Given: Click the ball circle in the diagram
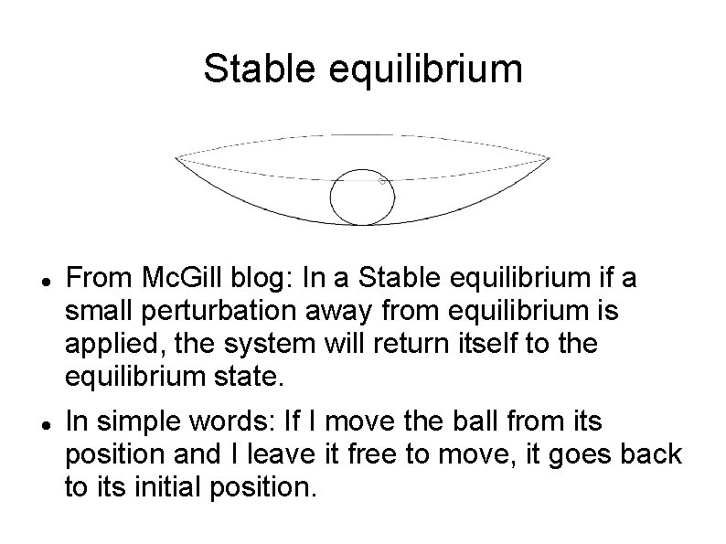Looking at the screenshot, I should [360, 197].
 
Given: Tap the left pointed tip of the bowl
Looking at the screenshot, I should [177, 158].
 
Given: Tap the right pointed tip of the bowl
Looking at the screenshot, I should [549, 158].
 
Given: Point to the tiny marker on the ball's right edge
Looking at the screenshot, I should [383, 182].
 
